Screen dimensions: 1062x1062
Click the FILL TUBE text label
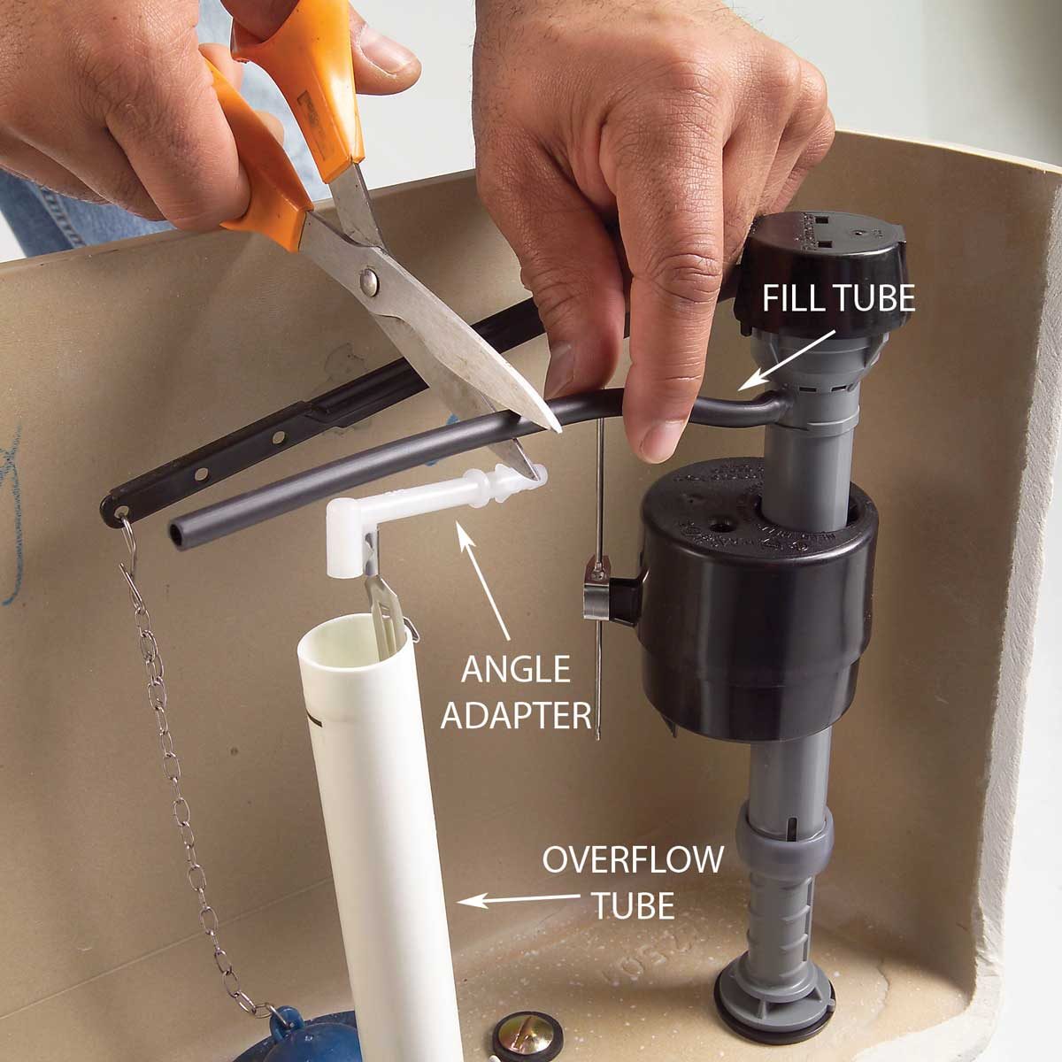pos(838,298)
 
